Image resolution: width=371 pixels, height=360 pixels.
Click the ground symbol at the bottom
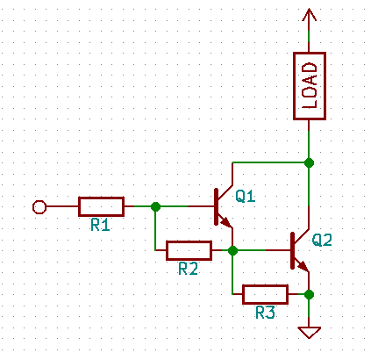click(309, 332)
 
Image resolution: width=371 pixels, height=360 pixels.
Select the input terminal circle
click(38, 207)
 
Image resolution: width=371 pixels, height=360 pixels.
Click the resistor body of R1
click(101, 207)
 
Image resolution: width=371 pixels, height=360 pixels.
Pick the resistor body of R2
click(189, 250)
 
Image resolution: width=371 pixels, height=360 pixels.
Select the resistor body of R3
click(265, 294)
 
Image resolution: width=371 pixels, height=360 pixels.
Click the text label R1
click(100, 226)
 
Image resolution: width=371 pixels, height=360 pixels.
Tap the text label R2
click(188, 269)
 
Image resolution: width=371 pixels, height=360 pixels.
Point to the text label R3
click(265, 313)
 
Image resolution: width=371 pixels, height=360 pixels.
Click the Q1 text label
click(246, 197)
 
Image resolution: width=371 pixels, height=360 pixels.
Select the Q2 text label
click(322, 240)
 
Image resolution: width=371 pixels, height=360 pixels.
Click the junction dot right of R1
click(155, 207)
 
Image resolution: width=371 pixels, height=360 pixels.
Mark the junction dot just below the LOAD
click(309, 162)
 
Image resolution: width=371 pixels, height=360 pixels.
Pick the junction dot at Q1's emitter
click(232, 250)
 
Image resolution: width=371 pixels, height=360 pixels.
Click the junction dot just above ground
click(309, 294)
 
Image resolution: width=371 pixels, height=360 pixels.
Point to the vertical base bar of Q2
click(292, 250)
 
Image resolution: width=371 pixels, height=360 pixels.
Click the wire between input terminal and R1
click(61, 207)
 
